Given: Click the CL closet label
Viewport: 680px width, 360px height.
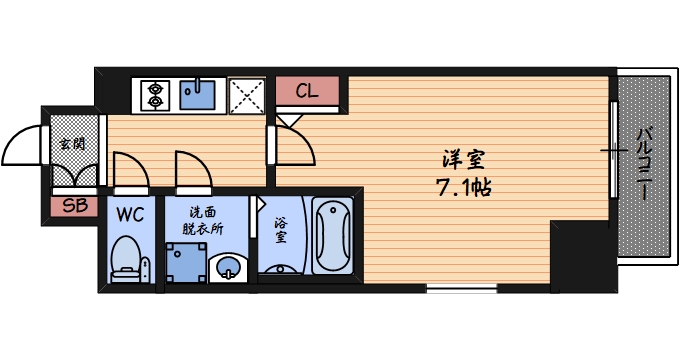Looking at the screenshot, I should [x=307, y=91].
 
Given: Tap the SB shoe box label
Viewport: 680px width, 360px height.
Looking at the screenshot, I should [x=74, y=207].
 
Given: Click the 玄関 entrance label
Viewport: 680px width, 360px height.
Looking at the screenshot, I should [x=72, y=143].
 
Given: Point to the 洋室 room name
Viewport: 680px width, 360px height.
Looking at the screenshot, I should [x=465, y=158].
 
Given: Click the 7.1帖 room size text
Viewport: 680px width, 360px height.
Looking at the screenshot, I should [x=465, y=186].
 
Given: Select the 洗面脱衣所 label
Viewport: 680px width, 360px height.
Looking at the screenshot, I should [x=202, y=220].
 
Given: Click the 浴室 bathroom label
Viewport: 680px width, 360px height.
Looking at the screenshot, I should [x=281, y=231].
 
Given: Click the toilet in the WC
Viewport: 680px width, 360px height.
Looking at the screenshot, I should [x=126, y=257].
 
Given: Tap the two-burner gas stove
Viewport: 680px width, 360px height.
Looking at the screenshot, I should [x=156, y=94].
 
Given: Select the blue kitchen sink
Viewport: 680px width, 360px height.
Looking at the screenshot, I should [x=200, y=94].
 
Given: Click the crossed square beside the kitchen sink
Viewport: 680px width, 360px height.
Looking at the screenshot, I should [x=245, y=94].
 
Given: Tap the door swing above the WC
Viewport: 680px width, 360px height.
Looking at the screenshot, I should [x=130, y=168].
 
